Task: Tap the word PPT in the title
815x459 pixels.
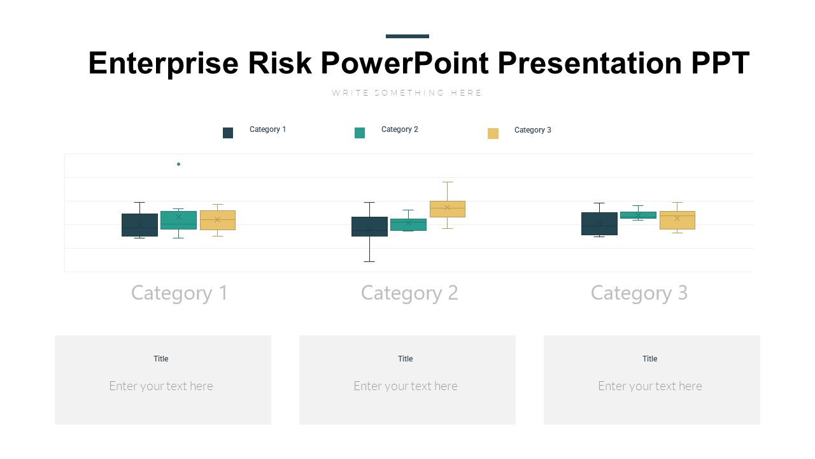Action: (720, 63)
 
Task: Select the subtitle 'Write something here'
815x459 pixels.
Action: (407, 93)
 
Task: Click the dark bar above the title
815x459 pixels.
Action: (407, 36)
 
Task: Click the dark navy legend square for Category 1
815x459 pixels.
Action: (228, 133)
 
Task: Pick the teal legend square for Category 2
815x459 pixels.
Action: (360, 133)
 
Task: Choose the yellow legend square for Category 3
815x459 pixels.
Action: (493, 133)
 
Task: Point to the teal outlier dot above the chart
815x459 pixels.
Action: (178, 164)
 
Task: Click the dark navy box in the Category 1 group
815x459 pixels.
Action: (139, 225)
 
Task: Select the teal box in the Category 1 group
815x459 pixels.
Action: (178, 220)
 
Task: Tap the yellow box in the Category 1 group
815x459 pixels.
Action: (218, 220)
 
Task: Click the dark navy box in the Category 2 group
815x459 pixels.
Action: (369, 226)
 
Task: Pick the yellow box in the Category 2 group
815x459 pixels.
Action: (448, 209)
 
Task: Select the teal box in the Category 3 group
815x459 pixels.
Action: (638, 215)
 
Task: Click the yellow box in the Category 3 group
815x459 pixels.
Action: (677, 220)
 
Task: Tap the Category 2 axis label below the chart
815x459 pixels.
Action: (409, 293)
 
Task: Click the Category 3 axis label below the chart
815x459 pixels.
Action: (639, 293)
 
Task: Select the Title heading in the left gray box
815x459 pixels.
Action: (161, 359)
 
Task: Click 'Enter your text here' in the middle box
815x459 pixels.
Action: (406, 386)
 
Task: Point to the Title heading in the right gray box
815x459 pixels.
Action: (650, 359)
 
